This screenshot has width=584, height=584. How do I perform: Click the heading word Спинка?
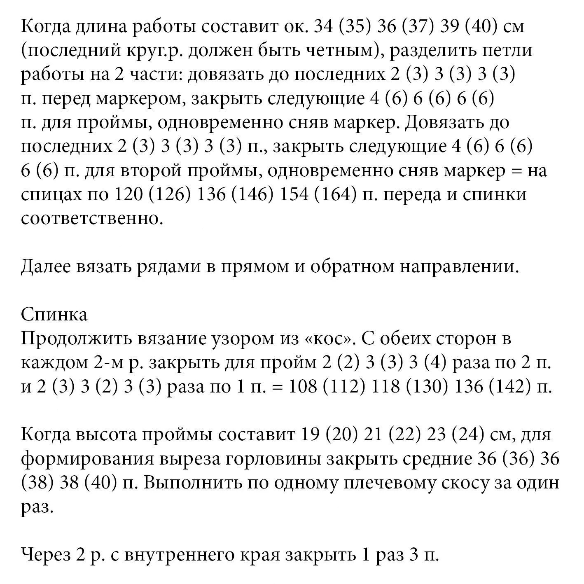(54, 315)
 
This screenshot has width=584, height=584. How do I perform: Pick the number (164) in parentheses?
(335, 195)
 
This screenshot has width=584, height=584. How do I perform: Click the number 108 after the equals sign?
(303, 387)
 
